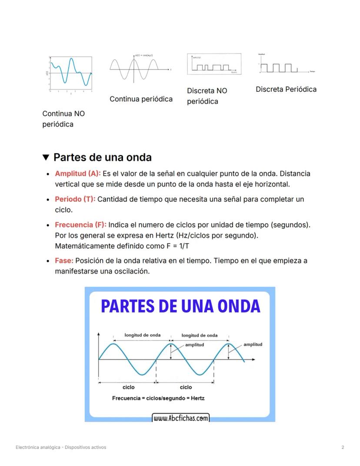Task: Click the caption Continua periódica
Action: click(x=141, y=99)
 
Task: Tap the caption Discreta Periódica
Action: click(x=286, y=89)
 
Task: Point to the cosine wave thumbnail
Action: click(x=140, y=68)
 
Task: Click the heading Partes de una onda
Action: click(x=102, y=157)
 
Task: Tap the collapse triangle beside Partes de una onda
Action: click(x=46, y=157)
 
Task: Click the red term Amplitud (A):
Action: click(x=77, y=174)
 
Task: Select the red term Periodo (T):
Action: click(x=75, y=199)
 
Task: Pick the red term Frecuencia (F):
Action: click(x=80, y=225)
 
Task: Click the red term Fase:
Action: click(x=64, y=261)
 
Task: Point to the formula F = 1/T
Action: click(x=180, y=246)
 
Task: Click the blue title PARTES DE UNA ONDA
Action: click(x=180, y=306)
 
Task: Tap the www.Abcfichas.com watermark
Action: click(x=180, y=419)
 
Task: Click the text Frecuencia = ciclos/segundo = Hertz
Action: click(x=158, y=398)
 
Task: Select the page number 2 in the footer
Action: click(x=343, y=447)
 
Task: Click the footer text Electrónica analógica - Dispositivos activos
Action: click(x=60, y=447)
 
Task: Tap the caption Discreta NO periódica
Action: click(x=207, y=96)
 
